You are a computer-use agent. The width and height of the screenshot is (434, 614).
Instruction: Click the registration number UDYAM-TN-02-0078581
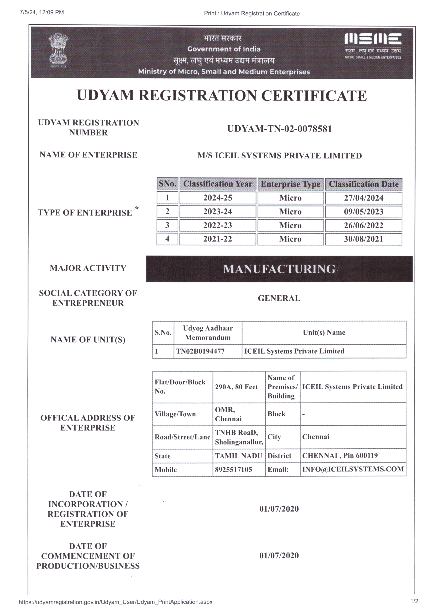click(x=279, y=129)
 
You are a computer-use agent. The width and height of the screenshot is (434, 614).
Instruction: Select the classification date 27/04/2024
click(x=363, y=198)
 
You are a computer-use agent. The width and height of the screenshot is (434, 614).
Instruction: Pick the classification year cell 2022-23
click(x=218, y=225)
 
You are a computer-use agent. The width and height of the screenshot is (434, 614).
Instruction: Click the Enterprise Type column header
click(x=291, y=184)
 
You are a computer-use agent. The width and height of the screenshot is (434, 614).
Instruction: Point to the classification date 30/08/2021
click(x=363, y=239)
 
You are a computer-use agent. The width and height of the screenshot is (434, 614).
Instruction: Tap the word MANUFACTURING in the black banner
click(x=279, y=269)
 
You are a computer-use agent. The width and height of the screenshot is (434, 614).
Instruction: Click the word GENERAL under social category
click(x=279, y=298)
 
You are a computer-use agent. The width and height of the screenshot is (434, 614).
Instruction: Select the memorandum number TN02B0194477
click(x=200, y=351)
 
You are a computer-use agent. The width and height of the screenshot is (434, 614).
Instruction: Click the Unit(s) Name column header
click(x=324, y=332)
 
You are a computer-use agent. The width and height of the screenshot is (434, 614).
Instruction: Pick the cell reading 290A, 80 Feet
click(x=236, y=387)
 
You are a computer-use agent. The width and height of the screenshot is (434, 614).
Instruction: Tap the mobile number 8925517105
click(x=233, y=470)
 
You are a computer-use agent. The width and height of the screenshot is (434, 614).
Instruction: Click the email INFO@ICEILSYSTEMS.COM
click(x=353, y=469)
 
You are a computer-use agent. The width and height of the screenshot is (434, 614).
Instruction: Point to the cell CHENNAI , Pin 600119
click(x=340, y=455)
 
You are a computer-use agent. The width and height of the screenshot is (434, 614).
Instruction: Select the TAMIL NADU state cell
click(x=238, y=456)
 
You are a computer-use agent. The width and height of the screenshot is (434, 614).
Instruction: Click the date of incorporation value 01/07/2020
click(x=279, y=509)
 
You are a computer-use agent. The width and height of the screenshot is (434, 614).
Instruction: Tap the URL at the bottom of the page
click(x=116, y=602)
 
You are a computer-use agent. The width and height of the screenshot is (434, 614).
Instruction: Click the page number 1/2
click(x=414, y=601)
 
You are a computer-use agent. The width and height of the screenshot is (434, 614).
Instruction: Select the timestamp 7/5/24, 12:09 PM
click(x=41, y=12)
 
